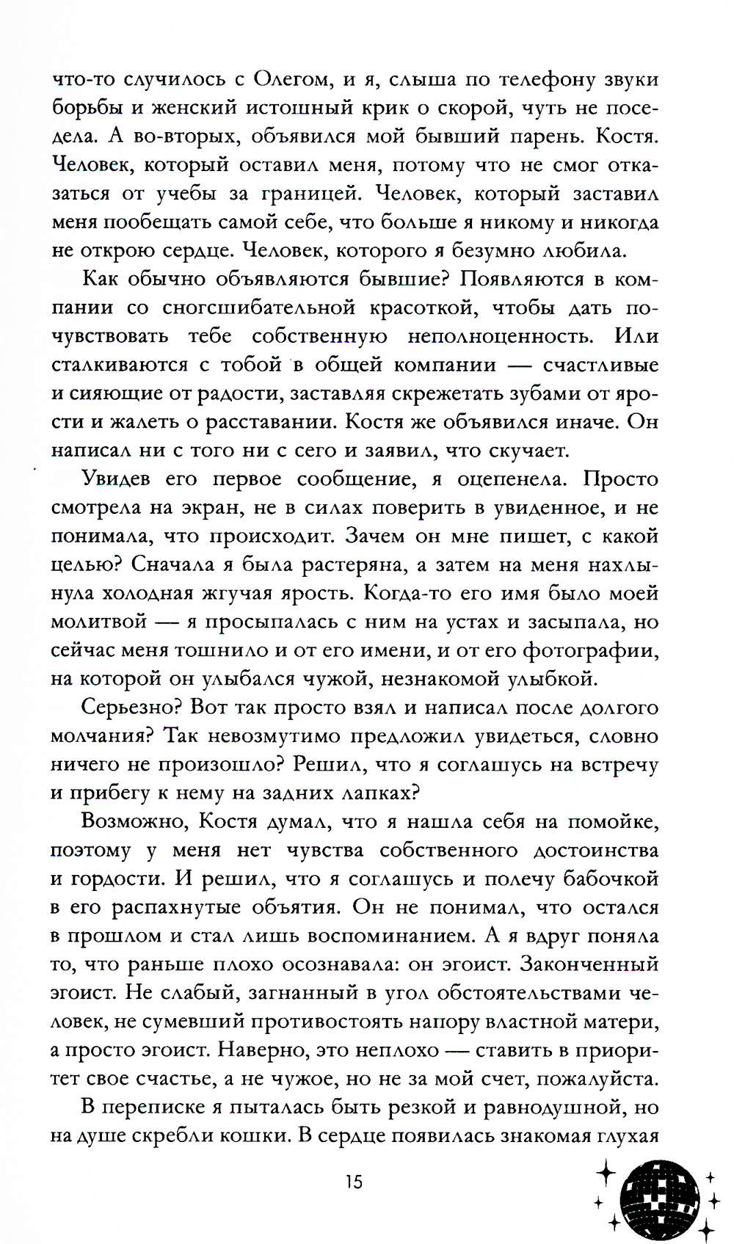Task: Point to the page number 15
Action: click(353, 1182)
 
